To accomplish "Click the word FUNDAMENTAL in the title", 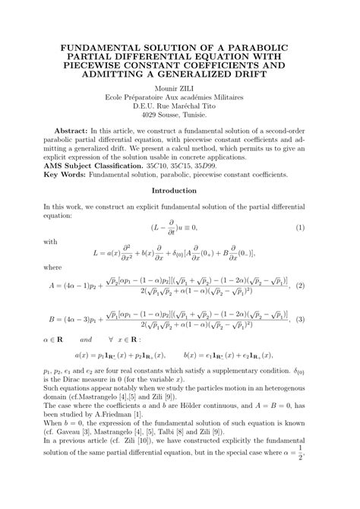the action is tap(102, 47).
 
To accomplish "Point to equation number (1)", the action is tap(300, 227).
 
